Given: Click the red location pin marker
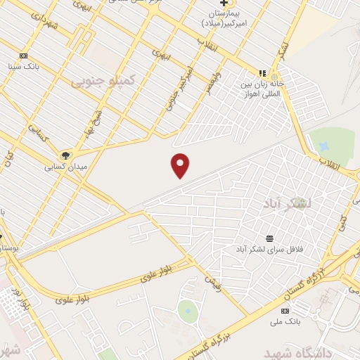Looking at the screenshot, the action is click(x=180, y=165).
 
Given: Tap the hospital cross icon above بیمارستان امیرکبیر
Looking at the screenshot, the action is click(x=224, y=4).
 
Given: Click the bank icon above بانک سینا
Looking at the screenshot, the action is click(x=23, y=56).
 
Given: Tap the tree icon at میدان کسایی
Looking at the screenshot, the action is click(x=65, y=155).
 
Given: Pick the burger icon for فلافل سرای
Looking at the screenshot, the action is click(x=270, y=238).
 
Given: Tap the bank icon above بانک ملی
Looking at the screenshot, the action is click(x=285, y=311).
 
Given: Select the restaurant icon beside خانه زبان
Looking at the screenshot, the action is click(x=262, y=72).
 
